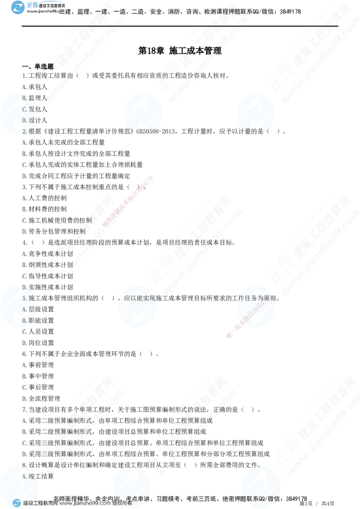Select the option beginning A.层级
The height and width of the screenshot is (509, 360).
(30, 309)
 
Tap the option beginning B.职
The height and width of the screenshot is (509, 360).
(28, 320)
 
